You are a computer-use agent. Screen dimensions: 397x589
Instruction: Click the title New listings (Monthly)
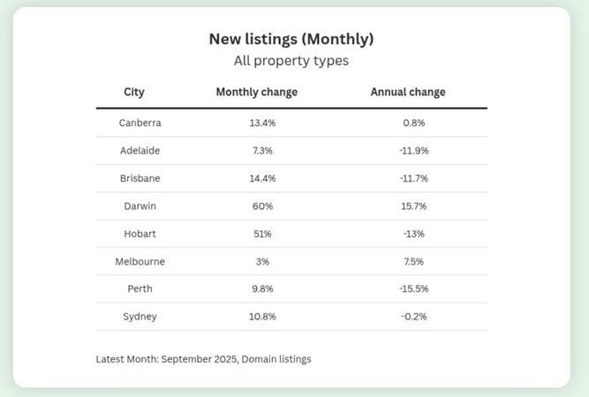pos(291,39)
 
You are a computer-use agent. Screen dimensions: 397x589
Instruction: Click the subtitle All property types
pos(291,61)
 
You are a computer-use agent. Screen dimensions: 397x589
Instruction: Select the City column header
pos(134,92)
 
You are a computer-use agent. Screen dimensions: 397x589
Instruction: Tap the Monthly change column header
pos(257,92)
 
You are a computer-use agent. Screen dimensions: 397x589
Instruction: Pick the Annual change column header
pos(408,92)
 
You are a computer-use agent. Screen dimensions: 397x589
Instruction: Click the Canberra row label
pos(140,123)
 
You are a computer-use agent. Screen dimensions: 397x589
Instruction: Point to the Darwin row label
pos(140,206)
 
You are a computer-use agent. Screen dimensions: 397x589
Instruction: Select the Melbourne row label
pos(140,261)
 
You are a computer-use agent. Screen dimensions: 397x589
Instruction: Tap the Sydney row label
pos(140,317)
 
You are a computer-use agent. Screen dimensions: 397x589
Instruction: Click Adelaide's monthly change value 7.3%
pos(263,150)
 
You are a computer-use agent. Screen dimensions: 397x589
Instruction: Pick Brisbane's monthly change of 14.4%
pos(263,178)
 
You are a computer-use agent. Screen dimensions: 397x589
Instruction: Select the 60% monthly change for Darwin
pos(263,206)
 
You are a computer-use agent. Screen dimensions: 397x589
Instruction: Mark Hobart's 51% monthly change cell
pos(263,234)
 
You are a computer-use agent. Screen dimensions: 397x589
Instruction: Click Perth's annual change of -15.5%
pos(413,289)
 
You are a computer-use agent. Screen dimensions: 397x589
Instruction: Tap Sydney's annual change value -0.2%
pos(413,317)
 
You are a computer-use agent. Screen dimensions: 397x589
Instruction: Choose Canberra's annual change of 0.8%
pos(413,123)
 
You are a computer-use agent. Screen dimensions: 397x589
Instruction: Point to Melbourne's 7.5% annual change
pos(413,261)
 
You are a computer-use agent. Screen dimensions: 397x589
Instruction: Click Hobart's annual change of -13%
pos(413,234)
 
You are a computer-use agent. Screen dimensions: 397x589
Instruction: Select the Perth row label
pos(140,289)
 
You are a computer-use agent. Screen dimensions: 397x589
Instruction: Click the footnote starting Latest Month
pos(203,359)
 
